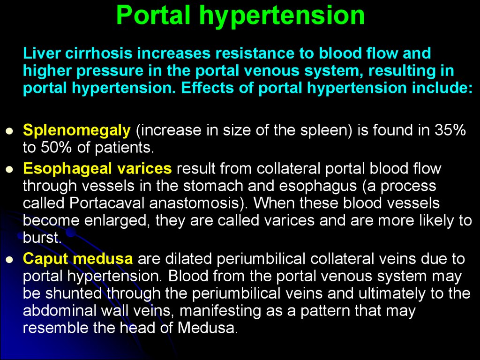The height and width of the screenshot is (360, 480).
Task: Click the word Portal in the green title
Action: [x=154, y=15]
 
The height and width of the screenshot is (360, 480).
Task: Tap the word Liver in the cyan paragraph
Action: [x=41, y=53]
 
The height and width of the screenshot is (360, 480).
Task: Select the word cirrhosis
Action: [x=98, y=53]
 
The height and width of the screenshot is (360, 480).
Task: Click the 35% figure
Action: [x=450, y=130]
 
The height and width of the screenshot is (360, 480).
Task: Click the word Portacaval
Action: [x=107, y=203]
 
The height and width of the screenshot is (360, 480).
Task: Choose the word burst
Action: [x=41, y=238]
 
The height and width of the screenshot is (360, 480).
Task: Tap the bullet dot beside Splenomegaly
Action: [x=10, y=131]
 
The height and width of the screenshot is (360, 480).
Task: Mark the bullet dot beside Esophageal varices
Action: [x=10, y=170]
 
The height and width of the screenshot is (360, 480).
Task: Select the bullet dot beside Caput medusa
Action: [x=10, y=260]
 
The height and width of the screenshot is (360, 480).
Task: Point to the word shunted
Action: [x=73, y=293]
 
